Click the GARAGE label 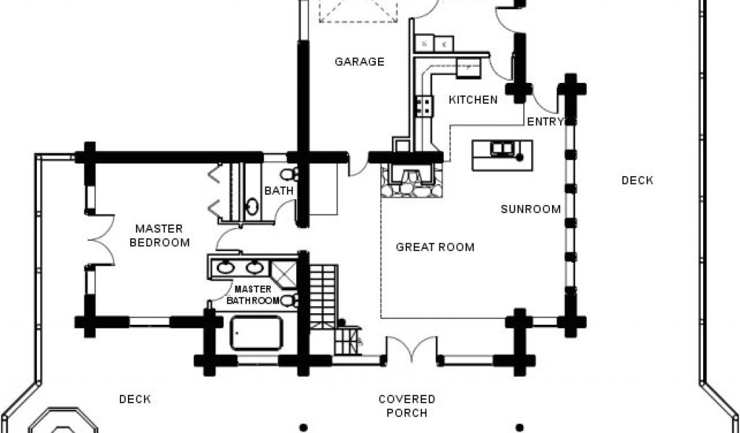(359, 61)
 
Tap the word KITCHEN (473, 100)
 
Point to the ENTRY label (546, 122)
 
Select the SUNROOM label (531, 209)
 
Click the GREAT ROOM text (435, 247)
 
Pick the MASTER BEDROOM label (160, 235)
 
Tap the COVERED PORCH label (407, 406)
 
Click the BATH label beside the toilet (278, 191)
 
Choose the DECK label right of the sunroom (637, 180)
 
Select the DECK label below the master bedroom (135, 399)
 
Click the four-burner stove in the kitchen (424, 108)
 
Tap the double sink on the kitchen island (501, 149)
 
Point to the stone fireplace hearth (411, 181)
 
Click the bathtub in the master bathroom (256, 333)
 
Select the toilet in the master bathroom (288, 300)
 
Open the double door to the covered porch (411, 349)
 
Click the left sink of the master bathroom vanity (225, 268)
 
